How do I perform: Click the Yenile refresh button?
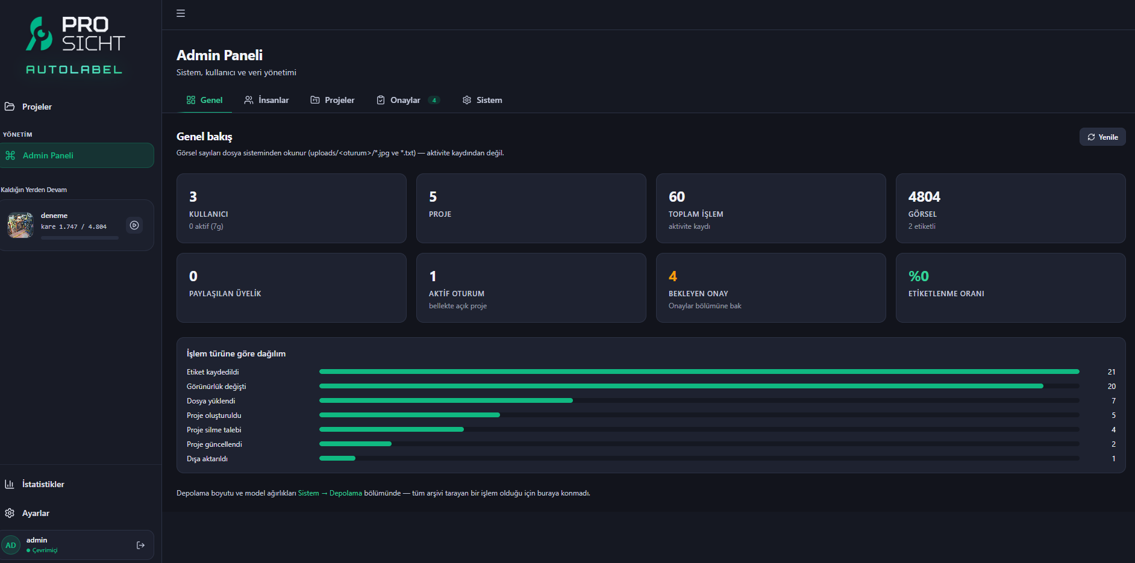point(1102,137)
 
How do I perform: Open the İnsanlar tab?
point(266,100)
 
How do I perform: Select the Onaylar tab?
point(408,100)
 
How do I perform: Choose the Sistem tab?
point(482,100)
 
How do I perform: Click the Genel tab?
point(205,100)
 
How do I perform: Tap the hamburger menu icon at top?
point(181,13)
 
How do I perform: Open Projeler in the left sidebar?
point(37,107)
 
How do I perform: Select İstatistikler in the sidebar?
point(43,484)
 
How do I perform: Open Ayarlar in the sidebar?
point(36,513)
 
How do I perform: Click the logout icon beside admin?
point(141,546)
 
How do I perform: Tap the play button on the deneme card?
point(134,225)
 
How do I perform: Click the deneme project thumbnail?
point(20,225)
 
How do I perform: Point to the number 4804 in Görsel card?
point(924,197)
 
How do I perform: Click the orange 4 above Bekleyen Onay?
point(673,276)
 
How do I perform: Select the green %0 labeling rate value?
point(919,276)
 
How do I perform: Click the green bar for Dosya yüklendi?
point(446,400)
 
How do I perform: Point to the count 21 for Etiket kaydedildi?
point(1112,372)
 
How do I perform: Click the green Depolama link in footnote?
point(346,493)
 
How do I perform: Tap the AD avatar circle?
point(11,546)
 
